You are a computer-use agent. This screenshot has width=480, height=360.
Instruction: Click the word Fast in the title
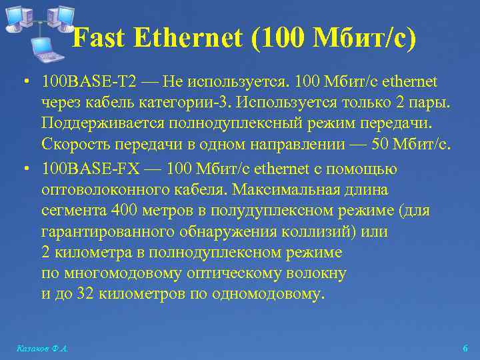point(99,38)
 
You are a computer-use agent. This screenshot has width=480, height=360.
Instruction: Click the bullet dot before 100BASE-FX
point(23,168)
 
